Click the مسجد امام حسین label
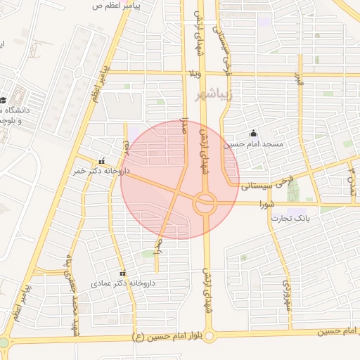(252, 144)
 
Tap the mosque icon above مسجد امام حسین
(253, 134)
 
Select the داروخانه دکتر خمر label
(97, 171)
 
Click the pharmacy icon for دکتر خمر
(103, 160)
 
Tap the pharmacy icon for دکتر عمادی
(123, 273)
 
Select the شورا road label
(265, 205)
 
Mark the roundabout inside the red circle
(205, 204)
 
